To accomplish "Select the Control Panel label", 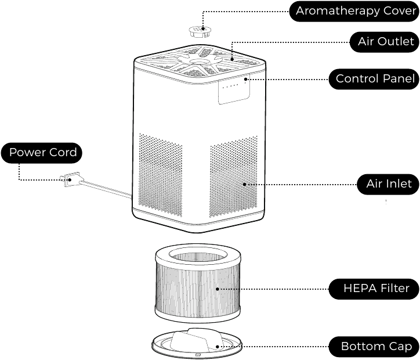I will click(374, 78).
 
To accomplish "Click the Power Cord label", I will click(42, 153).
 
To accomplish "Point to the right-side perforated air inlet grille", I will click(233, 177).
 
